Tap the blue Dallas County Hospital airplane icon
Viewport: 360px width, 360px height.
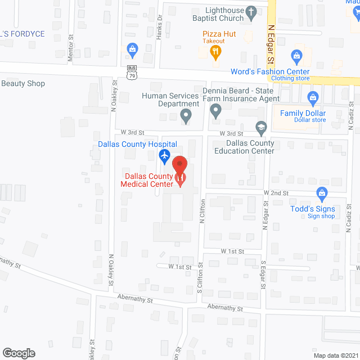point(165,155)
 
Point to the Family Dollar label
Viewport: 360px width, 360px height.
point(303,114)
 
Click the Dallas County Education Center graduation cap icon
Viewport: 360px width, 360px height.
point(261,128)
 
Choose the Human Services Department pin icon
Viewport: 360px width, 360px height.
point(185,117)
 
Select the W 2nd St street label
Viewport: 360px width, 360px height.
point(277,193)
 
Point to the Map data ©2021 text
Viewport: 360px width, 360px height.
point(336,355)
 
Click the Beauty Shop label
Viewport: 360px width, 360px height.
point(23,84)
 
